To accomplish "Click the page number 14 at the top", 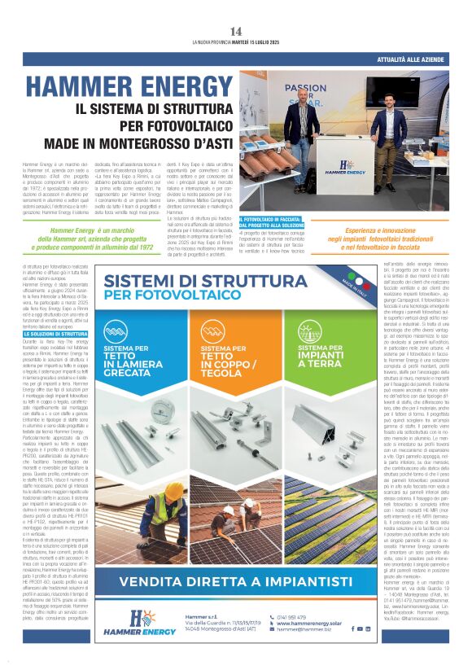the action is [236, 32].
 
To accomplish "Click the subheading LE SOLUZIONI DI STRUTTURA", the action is [55, 335].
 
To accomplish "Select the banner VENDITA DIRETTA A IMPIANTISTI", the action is [236, 582].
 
